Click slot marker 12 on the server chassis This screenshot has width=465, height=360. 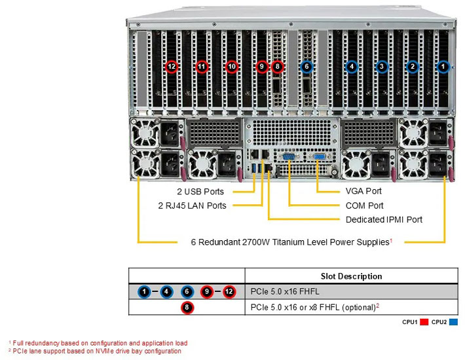172,66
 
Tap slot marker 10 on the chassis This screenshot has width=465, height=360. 231,66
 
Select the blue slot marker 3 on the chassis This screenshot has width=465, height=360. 382,66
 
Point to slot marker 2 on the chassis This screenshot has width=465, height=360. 413,66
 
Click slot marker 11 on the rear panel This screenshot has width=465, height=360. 202,66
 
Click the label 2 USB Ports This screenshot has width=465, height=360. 200,192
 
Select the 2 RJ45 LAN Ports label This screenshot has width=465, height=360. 192,206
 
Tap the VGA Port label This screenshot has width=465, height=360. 363,191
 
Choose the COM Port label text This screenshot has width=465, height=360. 365,206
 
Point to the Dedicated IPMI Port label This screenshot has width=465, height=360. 384,219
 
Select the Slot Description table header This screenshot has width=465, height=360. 352,276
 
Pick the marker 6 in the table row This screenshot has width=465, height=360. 187,291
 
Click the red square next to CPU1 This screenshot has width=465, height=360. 424,322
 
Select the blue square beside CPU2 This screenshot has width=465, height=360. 454,322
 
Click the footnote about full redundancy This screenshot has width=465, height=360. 98,342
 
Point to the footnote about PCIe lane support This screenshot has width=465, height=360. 95,351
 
